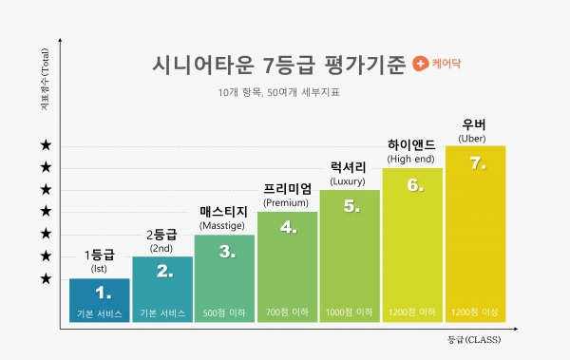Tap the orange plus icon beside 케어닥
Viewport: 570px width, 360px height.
pos(420,66)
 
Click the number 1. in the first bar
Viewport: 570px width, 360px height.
pos(100,294)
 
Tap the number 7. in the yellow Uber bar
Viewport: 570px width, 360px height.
pos(478,163)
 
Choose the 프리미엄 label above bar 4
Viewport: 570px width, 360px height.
pos(286,188)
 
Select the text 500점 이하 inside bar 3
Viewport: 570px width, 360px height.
pos(224,313)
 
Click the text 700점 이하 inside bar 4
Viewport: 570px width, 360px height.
pos(287,313)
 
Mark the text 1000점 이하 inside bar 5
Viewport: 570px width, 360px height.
pos(349,313)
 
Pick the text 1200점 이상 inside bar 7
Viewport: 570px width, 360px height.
pos(473,313)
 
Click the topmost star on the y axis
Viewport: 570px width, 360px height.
pos(45,145)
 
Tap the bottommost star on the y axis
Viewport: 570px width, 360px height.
pos(45,278)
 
